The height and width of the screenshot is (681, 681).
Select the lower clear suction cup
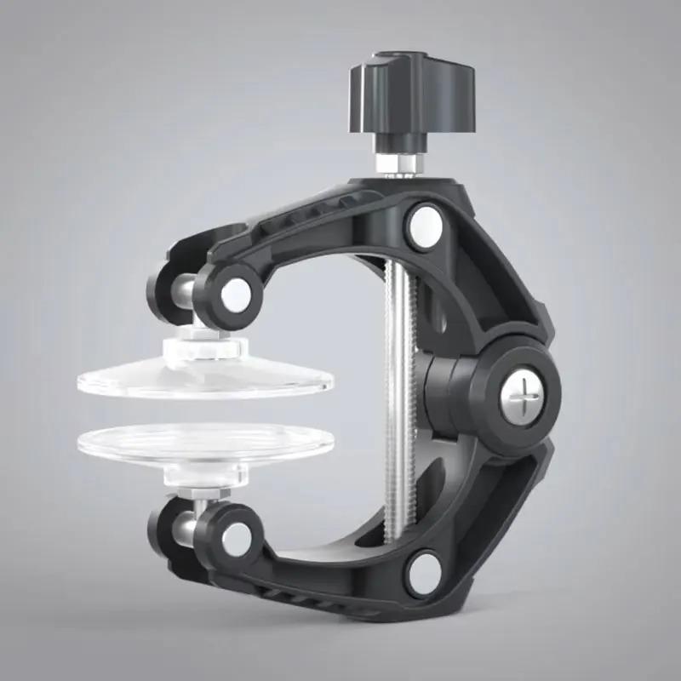coord(204,442)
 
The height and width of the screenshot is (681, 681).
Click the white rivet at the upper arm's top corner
coord(423,224)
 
